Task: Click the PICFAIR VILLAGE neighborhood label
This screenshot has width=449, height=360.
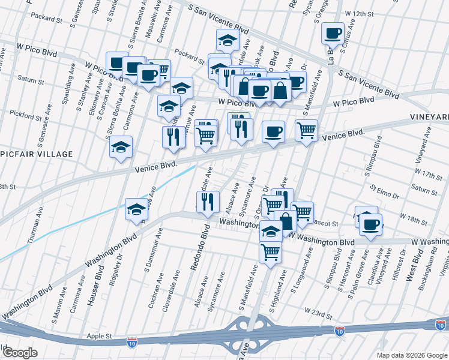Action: pos(36,154)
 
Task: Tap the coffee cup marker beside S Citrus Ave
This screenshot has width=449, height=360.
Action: pos(332,34)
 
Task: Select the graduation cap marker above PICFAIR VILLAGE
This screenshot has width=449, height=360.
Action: pos(121,148)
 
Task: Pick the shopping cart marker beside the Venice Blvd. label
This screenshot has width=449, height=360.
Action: pos(306,130)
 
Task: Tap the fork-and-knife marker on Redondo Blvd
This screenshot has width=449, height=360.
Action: pos(207,202)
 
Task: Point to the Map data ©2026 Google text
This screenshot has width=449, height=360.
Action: pos(411,355)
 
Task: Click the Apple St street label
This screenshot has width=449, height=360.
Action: pos(100,337)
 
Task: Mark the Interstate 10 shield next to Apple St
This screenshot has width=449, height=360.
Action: pos(131,343)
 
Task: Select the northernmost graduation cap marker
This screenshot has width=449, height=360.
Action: pos(228,40)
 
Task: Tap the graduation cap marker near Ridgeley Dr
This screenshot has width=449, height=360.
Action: pos(136,209)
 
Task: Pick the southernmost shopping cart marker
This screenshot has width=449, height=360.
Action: pos(271,251)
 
